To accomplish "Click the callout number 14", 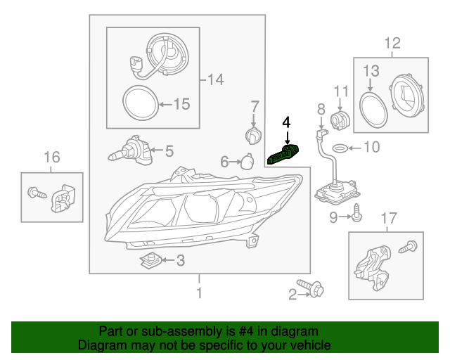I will (214, 79).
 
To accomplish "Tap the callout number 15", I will (181, 105).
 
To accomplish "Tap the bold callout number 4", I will (286, 122).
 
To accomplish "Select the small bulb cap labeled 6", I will (245, 161).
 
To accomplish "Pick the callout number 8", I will (321, 109).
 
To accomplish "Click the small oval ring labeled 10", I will (339, 148).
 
